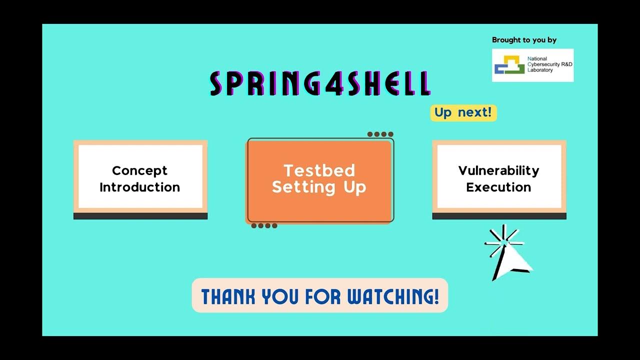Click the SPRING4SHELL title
tap(320, 83)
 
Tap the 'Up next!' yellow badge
tap(463, 112)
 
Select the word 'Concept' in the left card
tap(139, 170)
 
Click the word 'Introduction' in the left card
tap(139, 187)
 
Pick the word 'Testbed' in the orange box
tap(319, 170)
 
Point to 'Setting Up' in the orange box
tap(319, 187)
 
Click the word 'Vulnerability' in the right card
tap(498, 170)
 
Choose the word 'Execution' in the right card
tap(498, 187)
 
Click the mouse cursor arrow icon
tap(512, 257)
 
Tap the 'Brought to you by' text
tap(524, 40)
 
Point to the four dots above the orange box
tap(380, 134)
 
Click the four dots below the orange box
tap(264, 225)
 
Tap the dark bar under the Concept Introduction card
tap(140, 216)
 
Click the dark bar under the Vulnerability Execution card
tap(499, 216)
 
